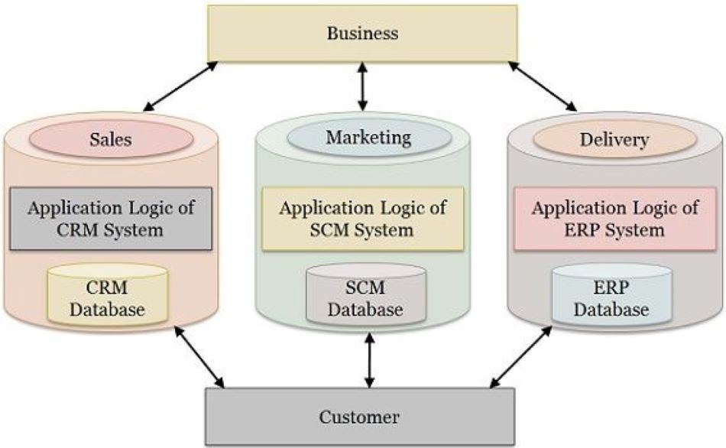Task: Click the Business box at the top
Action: (362, 34)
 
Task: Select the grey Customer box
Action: (360, 417)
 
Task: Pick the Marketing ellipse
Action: (368, 138)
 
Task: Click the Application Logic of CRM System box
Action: (111, 218)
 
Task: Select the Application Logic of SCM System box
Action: (362, 218)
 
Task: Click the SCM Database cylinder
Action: (365, 297)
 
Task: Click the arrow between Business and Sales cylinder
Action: (180, 86)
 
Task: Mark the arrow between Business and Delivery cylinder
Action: (544, 86)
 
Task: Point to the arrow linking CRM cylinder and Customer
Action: (199, 356)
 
